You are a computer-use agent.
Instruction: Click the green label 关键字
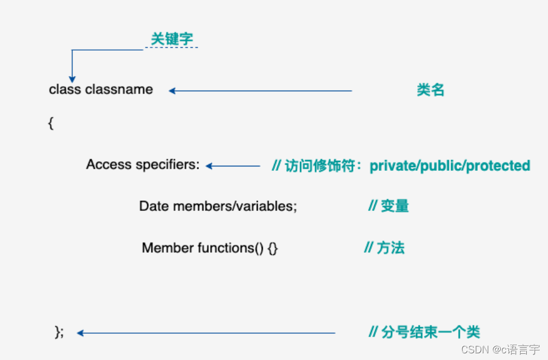[x=172, y=40]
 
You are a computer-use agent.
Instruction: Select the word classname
[x=119, y=90]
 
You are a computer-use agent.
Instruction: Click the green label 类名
[x=430, y=90]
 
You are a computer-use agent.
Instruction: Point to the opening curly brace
[x=51, y=124]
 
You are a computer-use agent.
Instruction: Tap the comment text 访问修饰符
[x=320, y=166]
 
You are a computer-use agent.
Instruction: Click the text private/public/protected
[x=449, y=166]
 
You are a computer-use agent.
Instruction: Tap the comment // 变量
[x=388, y=206]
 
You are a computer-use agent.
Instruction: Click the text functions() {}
[x=238, y=248]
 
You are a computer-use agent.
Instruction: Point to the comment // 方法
[x=384, y=248]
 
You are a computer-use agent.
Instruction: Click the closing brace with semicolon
[x=59, y=332]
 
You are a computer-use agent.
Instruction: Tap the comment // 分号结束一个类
[x=424, y=333]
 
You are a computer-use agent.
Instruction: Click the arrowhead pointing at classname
[x=172, y=91]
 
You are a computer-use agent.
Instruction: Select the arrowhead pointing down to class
[x=72, y=80]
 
